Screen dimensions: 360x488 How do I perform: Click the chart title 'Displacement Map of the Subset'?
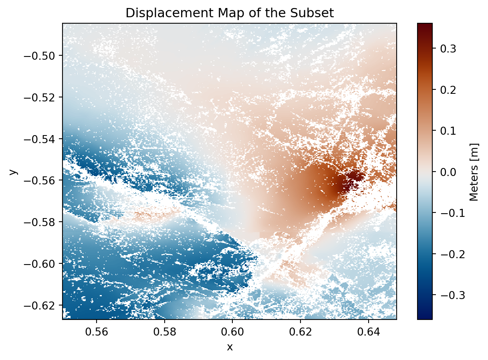[x=230, y=13]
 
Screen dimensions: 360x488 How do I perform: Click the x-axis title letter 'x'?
[x=230, y=347]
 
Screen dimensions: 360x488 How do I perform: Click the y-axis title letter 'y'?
[x=14, y=172]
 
